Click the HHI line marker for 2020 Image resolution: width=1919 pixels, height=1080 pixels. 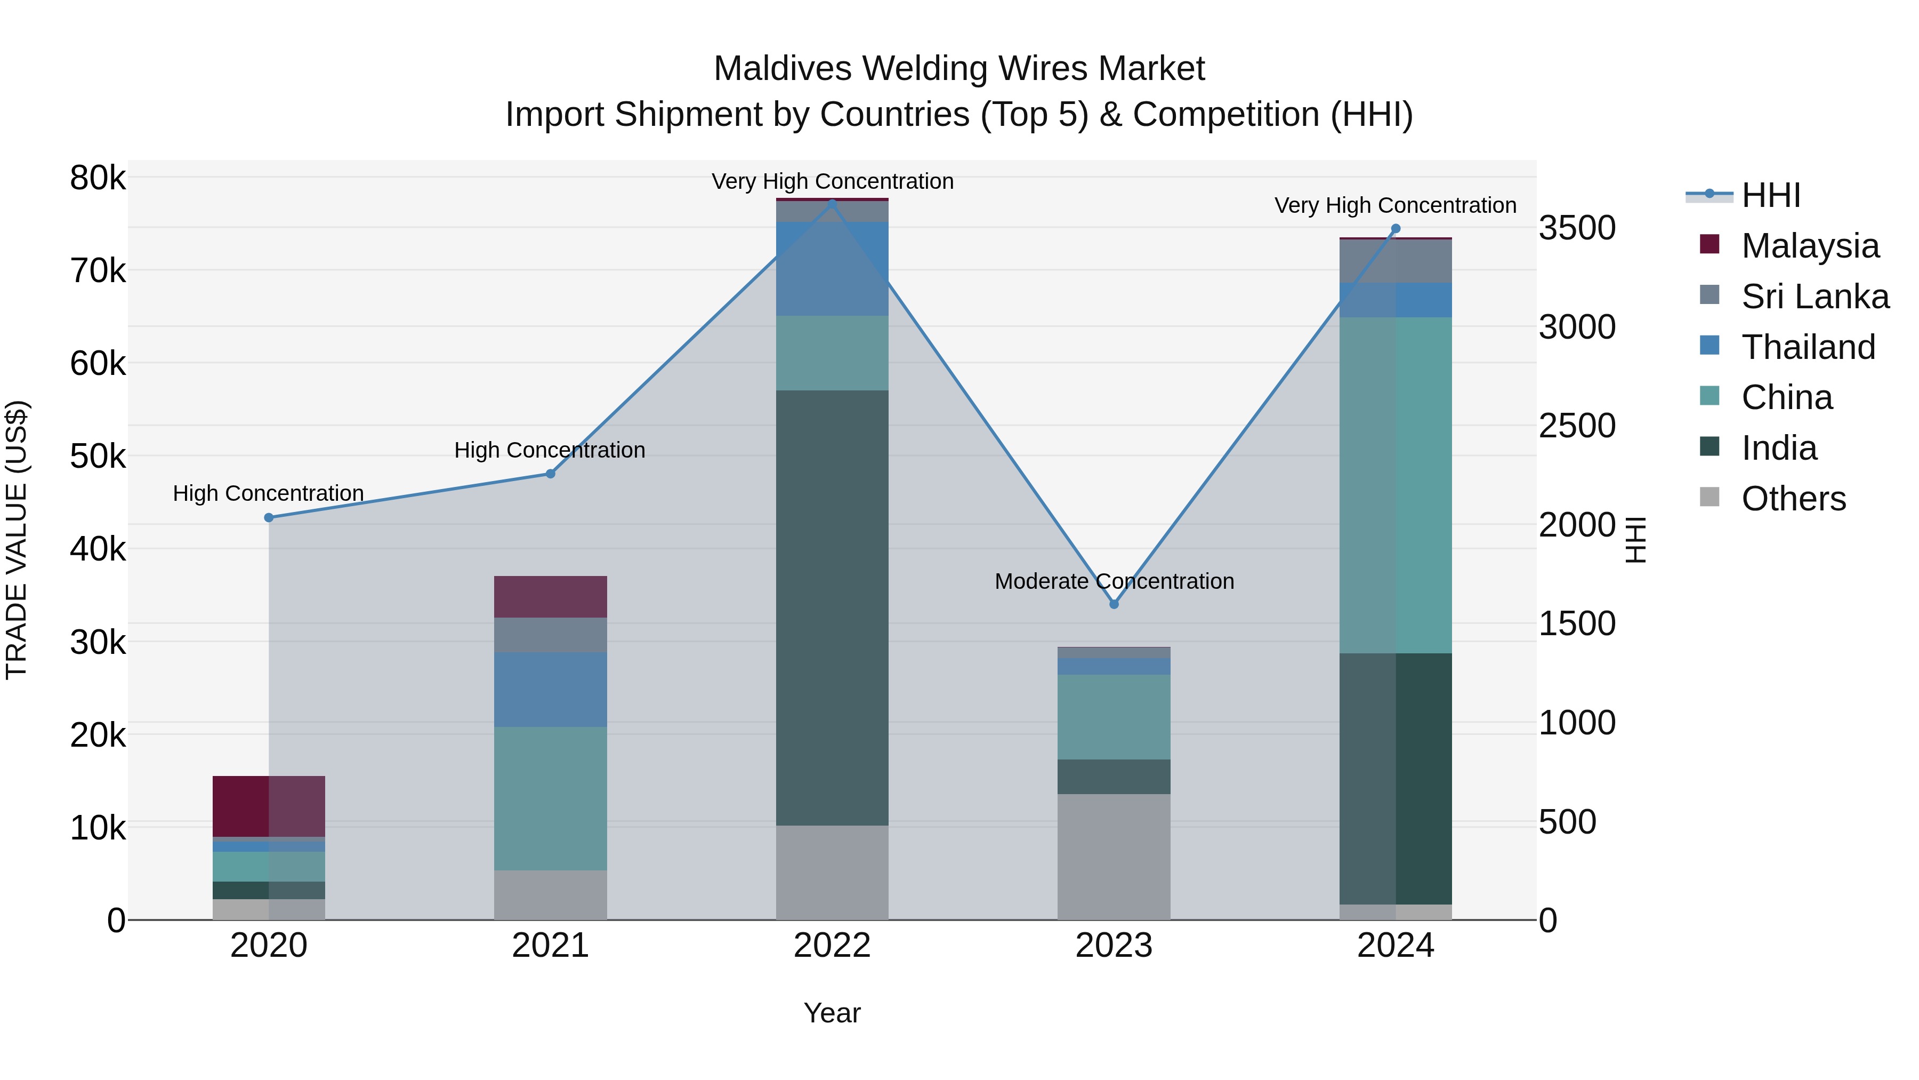[269, 518]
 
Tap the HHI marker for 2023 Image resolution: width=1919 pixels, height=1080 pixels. [1115, 604]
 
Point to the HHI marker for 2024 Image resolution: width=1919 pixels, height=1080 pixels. [1396, 229]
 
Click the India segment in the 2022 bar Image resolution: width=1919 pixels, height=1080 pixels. [832, 607]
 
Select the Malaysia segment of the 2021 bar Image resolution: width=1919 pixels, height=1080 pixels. [551, 597]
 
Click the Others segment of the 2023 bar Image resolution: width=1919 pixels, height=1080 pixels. [1115, 857]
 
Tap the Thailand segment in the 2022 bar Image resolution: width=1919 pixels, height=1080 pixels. [832, 268]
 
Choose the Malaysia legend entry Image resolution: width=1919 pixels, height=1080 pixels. [1810, 246]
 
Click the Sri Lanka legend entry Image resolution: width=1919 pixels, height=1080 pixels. [1815, 297]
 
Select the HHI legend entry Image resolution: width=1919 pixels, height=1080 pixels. [1771, 195]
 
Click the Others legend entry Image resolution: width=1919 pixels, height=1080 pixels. [1793, 499]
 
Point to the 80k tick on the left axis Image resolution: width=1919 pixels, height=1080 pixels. [98, 179]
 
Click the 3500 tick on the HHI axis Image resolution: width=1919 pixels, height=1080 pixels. [1577, 228]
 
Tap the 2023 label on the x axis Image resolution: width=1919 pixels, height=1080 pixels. [1115, 946]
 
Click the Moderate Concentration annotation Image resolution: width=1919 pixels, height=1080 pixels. [1115, 581]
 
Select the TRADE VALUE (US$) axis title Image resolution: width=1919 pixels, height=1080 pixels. [17, 540]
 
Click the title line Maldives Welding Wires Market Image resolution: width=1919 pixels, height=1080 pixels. [959, 69]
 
